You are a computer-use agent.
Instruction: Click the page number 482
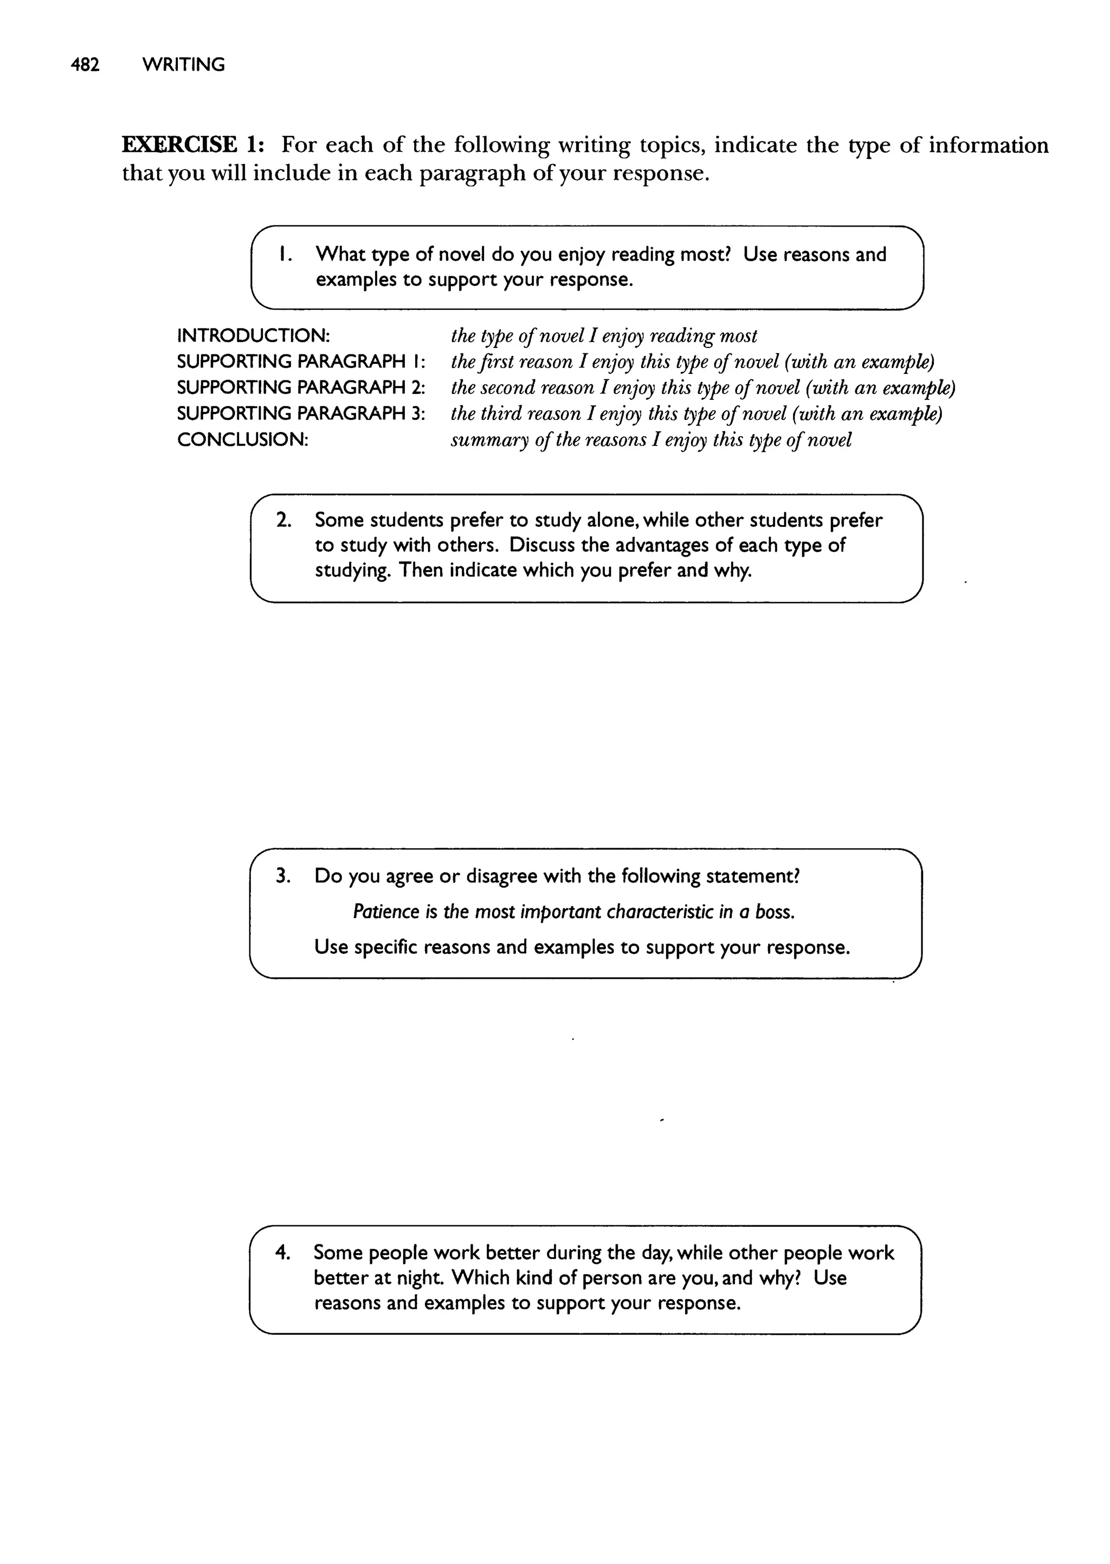(86, 65)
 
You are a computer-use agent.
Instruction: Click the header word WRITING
(183, 65)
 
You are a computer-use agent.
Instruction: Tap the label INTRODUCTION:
(254, 335)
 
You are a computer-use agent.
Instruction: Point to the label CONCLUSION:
(243, 440)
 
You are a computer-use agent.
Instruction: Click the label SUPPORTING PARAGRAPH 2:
(301, 387)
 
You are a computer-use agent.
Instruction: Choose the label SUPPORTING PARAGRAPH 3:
(301, 413)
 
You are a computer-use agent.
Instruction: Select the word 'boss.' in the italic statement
(775, 912)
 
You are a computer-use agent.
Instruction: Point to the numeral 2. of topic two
(283, 520)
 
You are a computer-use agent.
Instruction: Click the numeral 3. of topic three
(283, 876)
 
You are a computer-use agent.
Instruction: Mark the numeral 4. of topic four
(283, 1252)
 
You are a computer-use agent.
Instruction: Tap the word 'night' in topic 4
(418, 1278)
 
